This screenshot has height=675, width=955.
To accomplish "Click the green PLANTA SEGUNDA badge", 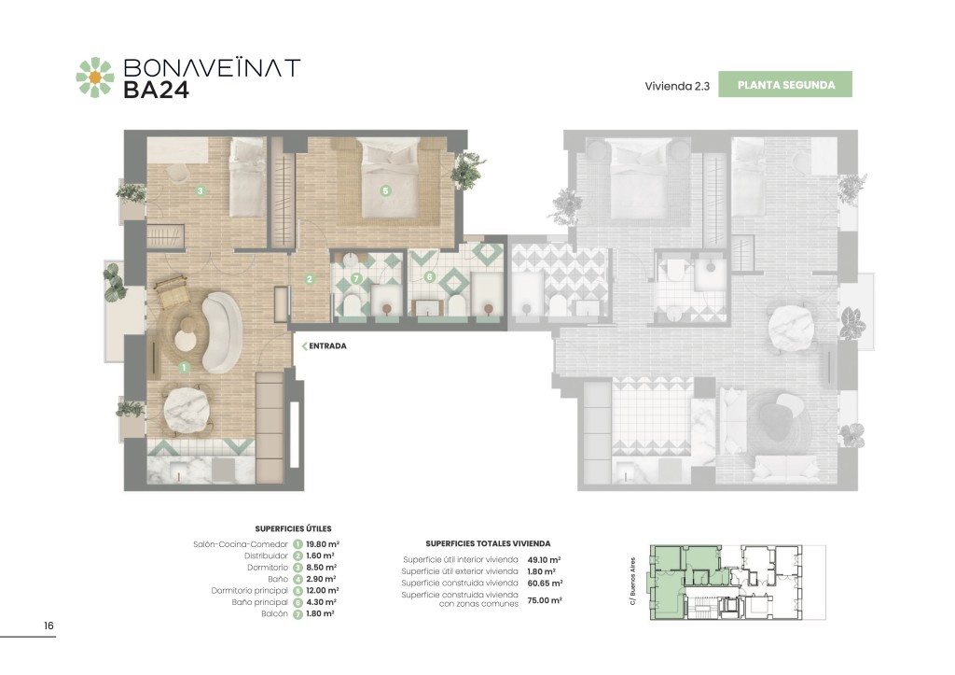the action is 785,85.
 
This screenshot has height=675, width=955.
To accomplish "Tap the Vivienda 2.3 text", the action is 677,86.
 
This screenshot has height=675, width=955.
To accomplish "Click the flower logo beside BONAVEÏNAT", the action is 95,77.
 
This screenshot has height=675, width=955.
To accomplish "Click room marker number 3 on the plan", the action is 201,190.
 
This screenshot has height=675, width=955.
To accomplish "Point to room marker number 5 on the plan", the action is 385,190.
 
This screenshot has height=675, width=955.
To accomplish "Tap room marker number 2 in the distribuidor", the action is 310,279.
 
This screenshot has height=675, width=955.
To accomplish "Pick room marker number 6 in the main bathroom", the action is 430,277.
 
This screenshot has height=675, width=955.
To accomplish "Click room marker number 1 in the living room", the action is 184,368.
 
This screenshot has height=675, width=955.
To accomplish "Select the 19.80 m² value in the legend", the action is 323,544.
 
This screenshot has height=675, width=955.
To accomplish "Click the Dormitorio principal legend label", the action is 250,590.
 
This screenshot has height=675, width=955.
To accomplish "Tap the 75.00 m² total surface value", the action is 545,600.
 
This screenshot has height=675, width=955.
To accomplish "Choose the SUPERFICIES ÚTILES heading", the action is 293,528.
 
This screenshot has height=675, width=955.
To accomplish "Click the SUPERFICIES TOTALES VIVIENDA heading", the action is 488,543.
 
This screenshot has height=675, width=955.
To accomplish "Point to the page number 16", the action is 48,625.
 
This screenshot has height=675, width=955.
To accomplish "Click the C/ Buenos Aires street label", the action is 633,581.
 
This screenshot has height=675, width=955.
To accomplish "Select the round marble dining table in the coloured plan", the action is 187,410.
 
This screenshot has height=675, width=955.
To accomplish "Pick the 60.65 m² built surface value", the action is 545,583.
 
